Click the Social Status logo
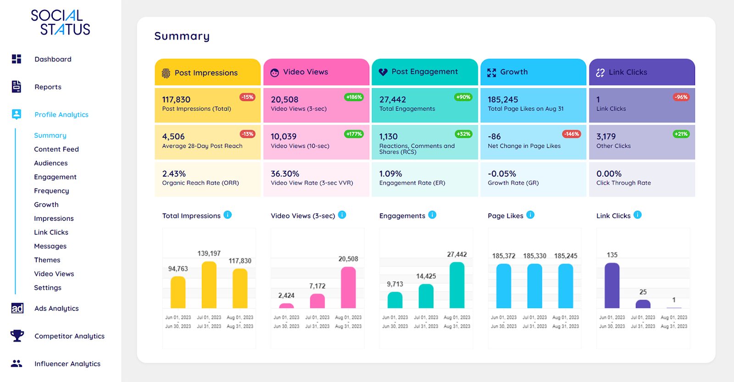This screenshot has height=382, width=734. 60,22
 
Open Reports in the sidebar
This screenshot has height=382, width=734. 48,87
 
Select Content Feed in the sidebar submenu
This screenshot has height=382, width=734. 56,149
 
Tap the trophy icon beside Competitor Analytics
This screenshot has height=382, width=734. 17,336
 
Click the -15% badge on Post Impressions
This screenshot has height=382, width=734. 247,97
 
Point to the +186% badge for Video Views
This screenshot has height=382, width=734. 354,97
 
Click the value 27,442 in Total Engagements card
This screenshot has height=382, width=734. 392,100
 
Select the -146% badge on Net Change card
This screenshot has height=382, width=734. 571,134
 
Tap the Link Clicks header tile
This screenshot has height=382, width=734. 641,72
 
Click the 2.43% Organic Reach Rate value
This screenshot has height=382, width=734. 174,174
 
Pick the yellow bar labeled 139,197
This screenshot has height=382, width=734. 209,285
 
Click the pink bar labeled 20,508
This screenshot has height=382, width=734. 348,287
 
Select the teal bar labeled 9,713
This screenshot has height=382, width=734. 395,300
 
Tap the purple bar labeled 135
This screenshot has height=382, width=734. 612,285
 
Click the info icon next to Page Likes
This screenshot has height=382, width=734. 530,215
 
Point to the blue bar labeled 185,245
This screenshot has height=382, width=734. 565,286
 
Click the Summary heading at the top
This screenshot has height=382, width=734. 182,36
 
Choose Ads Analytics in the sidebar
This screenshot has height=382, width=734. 56,309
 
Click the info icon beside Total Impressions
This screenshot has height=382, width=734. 228,215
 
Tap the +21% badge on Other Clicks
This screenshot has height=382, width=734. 681,134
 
